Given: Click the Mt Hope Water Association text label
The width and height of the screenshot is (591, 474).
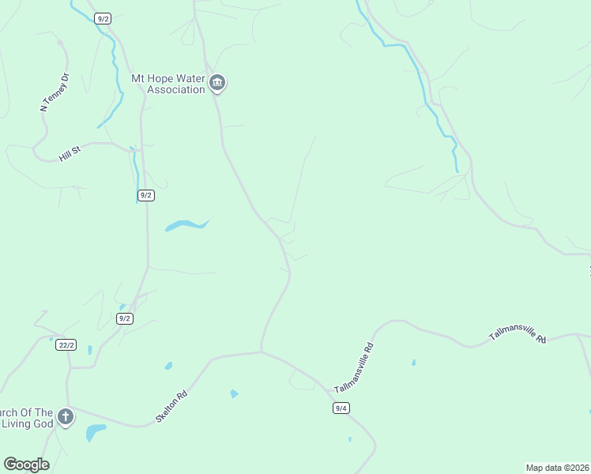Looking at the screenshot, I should point(168,84).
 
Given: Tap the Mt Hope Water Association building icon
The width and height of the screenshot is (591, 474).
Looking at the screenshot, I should point(217,83).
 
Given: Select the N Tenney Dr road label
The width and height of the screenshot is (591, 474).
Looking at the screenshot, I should point(55,92).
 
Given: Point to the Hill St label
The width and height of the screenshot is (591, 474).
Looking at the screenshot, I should point(71,152).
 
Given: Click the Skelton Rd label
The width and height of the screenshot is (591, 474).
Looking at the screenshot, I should point(171,405).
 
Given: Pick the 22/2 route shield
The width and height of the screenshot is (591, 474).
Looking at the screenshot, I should point(66,344).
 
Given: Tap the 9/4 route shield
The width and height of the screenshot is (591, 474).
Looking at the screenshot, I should point(341,408).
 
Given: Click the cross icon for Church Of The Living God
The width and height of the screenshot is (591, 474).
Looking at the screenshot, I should point(65,416).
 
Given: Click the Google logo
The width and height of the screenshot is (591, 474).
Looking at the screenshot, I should point(26,465).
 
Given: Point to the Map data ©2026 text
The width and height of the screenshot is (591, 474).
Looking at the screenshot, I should point(557,468).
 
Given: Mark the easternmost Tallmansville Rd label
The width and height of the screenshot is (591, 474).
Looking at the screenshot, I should point(518,335).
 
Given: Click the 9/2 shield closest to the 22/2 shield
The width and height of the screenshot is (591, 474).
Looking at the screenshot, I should point(124,318).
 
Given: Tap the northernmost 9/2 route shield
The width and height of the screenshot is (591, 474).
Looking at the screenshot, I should point(102,18).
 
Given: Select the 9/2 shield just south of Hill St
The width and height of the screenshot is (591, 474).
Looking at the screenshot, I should point(145,194).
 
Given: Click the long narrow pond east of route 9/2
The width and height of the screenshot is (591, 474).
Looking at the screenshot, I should point(186,226).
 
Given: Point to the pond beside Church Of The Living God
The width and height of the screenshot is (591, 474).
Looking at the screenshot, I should point(95,431).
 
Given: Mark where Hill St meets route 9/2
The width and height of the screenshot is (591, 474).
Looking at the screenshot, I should point(142,148).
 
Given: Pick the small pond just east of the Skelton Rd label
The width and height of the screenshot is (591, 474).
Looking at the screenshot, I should point(234,393).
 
